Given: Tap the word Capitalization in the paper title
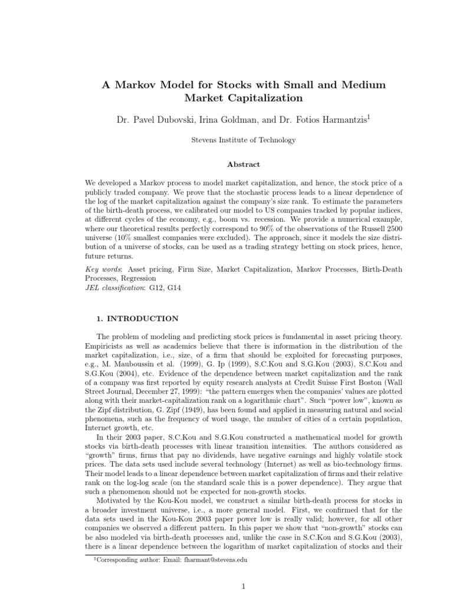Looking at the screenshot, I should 252,98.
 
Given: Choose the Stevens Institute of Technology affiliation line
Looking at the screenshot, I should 226,140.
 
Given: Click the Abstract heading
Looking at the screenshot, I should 226,165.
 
